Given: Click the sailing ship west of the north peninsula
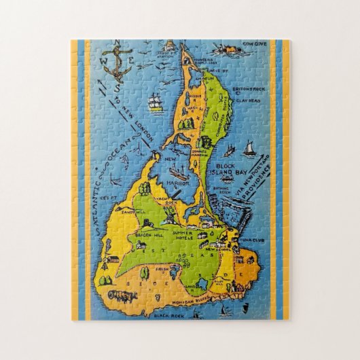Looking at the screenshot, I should pyautogui.click(x=155, y=103).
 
